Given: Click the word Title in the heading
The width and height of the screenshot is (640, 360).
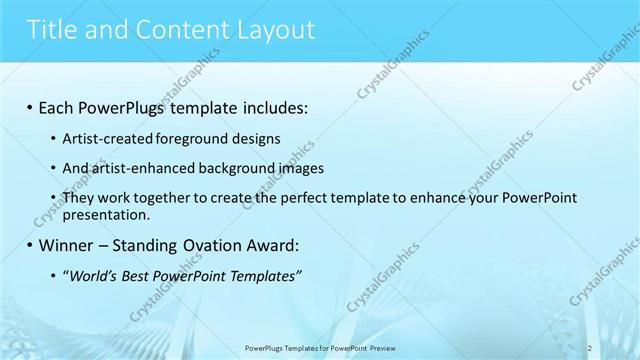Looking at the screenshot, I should tap(56, 30).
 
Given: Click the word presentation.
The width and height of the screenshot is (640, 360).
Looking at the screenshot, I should tap(105, 214).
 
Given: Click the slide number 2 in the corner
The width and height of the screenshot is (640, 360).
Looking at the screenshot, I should tap(590, 347).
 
